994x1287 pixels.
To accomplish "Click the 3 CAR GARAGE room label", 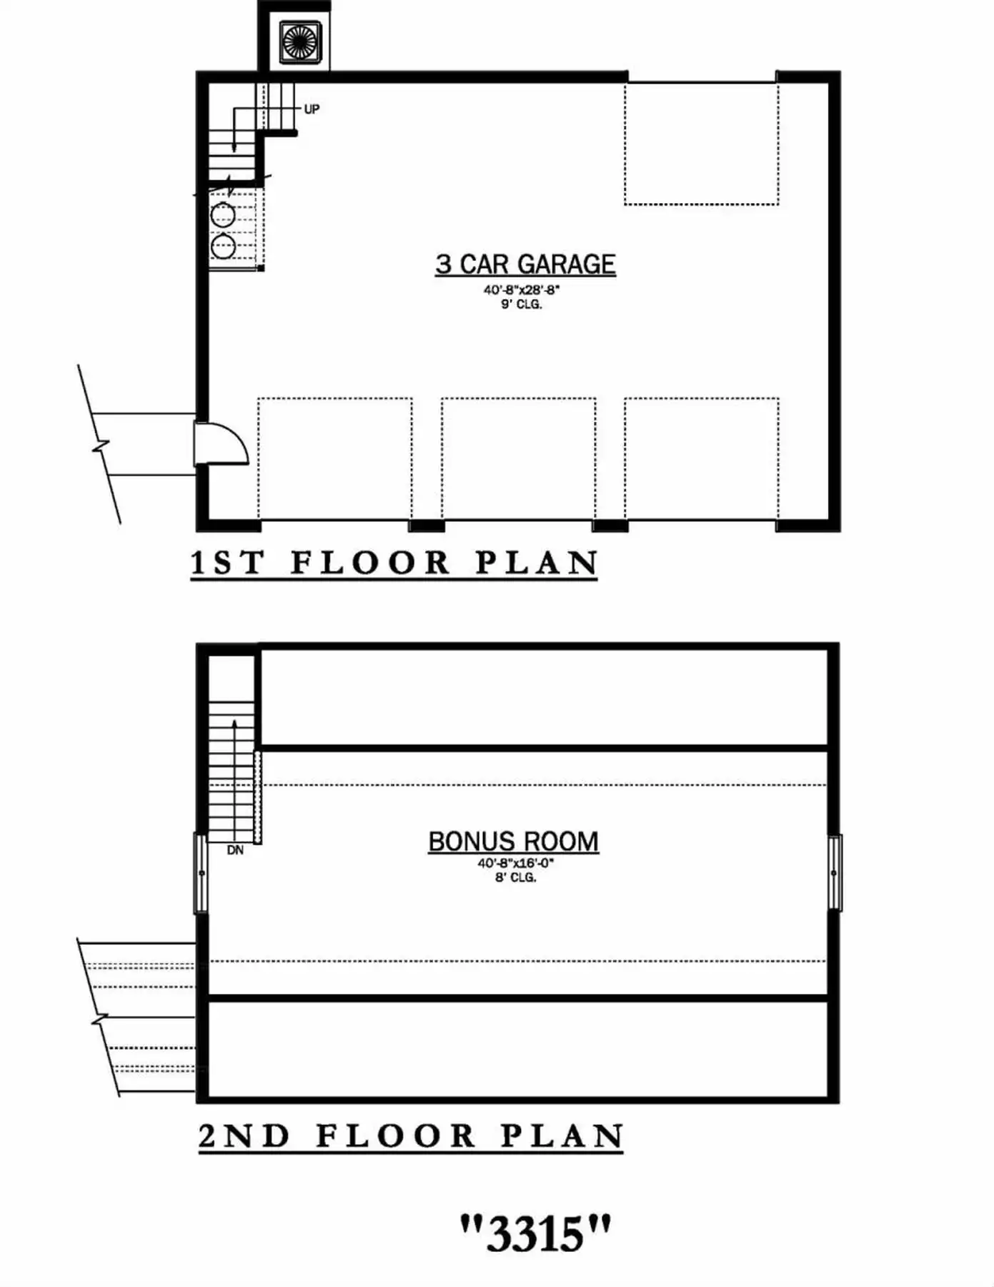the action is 525,264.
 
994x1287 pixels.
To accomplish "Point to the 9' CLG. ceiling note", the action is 521,305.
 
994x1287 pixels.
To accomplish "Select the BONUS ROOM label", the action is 513,842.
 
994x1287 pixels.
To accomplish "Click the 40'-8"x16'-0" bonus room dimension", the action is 516,864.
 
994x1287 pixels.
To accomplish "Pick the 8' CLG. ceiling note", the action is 515,877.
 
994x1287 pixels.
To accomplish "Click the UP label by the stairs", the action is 312,109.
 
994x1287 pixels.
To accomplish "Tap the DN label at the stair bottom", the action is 235,850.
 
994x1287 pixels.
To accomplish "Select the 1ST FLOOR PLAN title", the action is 394,563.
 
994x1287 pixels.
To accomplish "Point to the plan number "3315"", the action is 535,1232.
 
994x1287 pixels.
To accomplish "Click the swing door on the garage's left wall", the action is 222,444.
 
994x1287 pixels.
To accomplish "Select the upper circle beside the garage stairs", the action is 223,214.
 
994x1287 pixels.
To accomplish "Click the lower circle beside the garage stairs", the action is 223,247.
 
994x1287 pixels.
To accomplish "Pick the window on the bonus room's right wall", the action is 835,873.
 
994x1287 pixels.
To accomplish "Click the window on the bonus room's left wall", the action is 201,873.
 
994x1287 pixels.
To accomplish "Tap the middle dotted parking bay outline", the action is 518,458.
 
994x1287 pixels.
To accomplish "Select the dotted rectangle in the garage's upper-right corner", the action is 701,144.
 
